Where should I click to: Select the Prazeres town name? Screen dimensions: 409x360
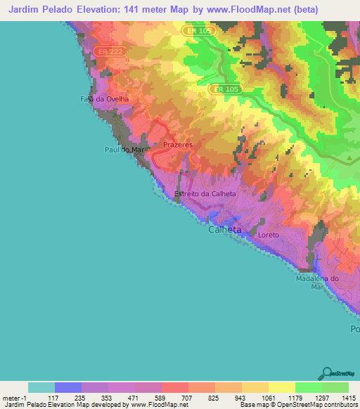pyautogui.click(x=177, y=145)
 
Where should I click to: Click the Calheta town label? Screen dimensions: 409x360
pyautogui.click(x=225, y=230)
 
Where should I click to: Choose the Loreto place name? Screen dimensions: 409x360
pyautogui.click(x=269, y=234)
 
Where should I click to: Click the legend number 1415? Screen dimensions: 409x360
pyautogui.click(x=347, y=397)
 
